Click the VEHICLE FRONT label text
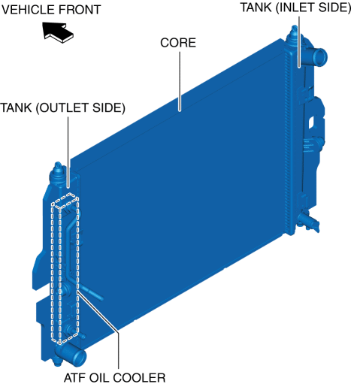[x=51, y=10]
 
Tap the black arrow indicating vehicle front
[x=58, y=32]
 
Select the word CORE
[x=178, y=43]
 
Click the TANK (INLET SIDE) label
[x=295, y=8]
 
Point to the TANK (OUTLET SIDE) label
[x=62, y=108]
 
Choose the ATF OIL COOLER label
[x=114, y=378]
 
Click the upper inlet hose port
[x=318, y=57]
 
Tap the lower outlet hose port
[x=74, y=355]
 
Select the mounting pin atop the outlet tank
[x=58, y=168]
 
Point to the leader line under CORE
[x=180, y=81]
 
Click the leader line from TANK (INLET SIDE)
[x=299, y=42]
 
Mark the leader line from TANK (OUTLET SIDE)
[x=68, y=153]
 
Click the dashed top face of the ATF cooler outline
[x=65, y=201]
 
